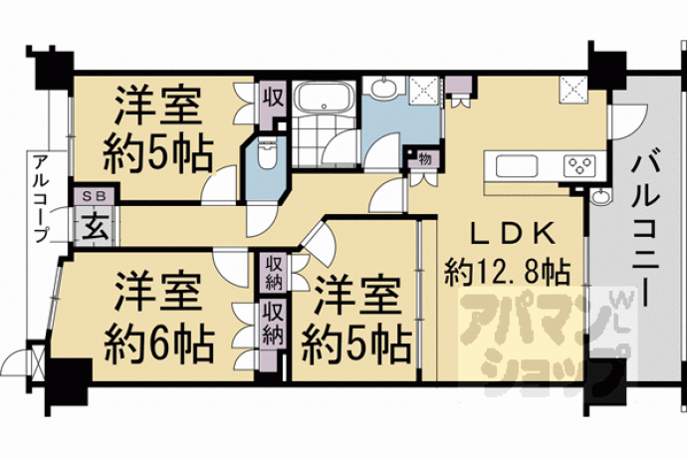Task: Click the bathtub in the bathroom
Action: coord(324,99)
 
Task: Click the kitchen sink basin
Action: coord(517,166)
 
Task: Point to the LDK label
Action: coord(514,236)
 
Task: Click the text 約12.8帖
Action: coord(508,273)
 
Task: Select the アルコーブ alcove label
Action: coord(41,198)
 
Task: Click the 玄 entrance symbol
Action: coord(95,228)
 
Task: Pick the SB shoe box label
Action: coord(95,196)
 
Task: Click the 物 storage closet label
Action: coord(424,159)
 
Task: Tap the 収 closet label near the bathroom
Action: coord(273,98)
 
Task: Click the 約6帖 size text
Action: coord(159,344)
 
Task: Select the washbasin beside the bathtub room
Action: coord(383,88)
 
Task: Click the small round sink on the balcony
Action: coord(600,196)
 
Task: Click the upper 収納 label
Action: coord(274,272)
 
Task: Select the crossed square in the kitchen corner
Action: coord(573,91)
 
